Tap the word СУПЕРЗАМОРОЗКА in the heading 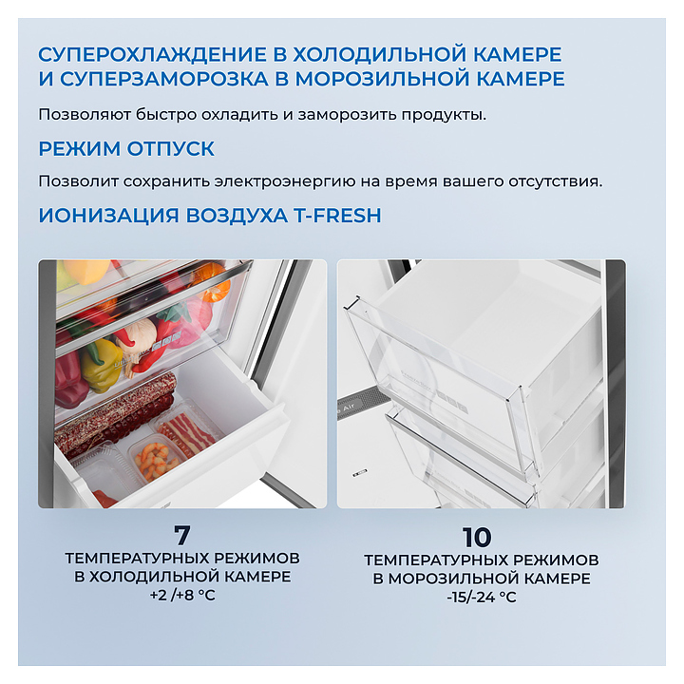(x=164, y=79)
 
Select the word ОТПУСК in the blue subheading (x=171, y=149)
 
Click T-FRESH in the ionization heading (x=336, y=216)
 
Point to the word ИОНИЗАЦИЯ (x=108, y=216)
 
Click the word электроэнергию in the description (x=284, y=181)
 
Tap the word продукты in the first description (x=444, y=115)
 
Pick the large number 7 (x=181, y=535)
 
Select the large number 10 (x=477, y=538)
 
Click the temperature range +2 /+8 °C (x=182, y=596)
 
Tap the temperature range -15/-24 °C (x=481, y=597)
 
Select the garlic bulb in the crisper (x=140, y=333)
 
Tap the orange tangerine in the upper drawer (x=215, y=289)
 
